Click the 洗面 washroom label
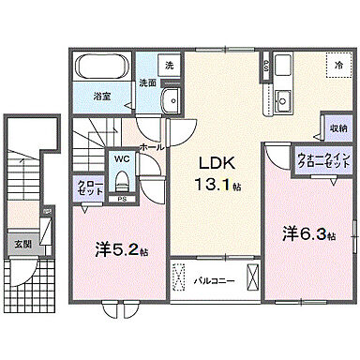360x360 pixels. (x=147, y=82)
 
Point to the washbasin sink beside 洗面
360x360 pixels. (x=169, y=102)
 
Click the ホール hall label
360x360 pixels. (x=152, y=146)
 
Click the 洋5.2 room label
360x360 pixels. (x=121, y=250)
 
